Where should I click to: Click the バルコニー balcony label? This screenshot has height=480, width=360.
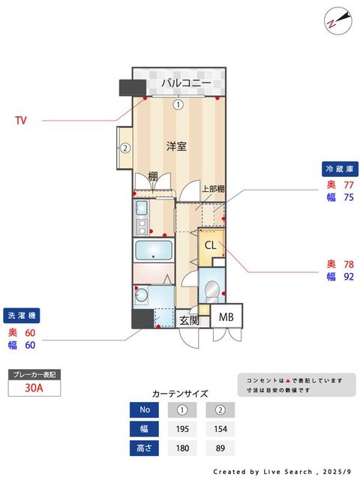click(x=185, y=83)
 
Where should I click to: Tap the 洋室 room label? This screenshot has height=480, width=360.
click(x=177, y=147)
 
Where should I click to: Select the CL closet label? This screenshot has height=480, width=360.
click(x=211, y=244)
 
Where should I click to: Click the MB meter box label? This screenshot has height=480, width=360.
click(x=226, y=317)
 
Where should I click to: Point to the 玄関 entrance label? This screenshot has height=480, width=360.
click(x=190, y=320)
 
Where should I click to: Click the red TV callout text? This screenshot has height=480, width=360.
click(x=21, y=120)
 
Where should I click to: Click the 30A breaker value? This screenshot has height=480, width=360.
click(x=32, y=388)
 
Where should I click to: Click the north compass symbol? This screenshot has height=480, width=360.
click(x=334, y=19)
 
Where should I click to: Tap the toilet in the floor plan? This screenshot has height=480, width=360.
click(x=212, y=289)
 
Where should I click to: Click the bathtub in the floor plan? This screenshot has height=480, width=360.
click(x=154, y=250)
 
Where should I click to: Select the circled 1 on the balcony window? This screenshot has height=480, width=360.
click(x=178, y=105)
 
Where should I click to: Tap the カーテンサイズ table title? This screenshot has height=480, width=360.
click(x=180, y=393)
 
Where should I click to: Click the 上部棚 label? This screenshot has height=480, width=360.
click(x=214, y=189)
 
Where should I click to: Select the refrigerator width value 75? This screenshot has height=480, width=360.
click(x=349, y=197)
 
